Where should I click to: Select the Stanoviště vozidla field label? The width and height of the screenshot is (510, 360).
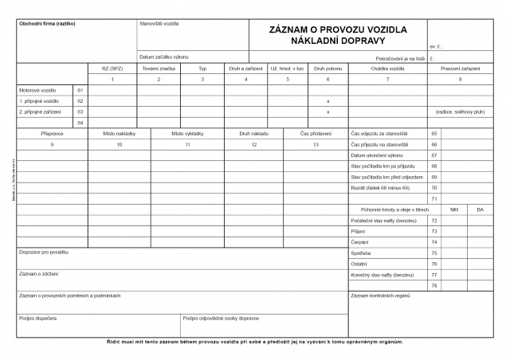point(159,23)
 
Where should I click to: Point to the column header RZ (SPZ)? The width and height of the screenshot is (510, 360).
point(112,68)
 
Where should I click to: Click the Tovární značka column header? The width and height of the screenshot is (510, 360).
point(159,68)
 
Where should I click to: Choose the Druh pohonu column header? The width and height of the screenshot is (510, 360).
point(328,68)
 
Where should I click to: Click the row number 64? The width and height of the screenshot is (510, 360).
point(80,123)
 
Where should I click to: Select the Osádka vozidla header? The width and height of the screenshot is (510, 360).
point(388,68)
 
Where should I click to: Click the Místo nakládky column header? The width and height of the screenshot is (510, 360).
point(119,134)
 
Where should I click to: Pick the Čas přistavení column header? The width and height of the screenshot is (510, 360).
point(316,134)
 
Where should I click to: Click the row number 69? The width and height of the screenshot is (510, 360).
point(434,177)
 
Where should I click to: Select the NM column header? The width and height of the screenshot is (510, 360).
point(454,209)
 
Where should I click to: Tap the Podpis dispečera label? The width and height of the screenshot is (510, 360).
point(37,318)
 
